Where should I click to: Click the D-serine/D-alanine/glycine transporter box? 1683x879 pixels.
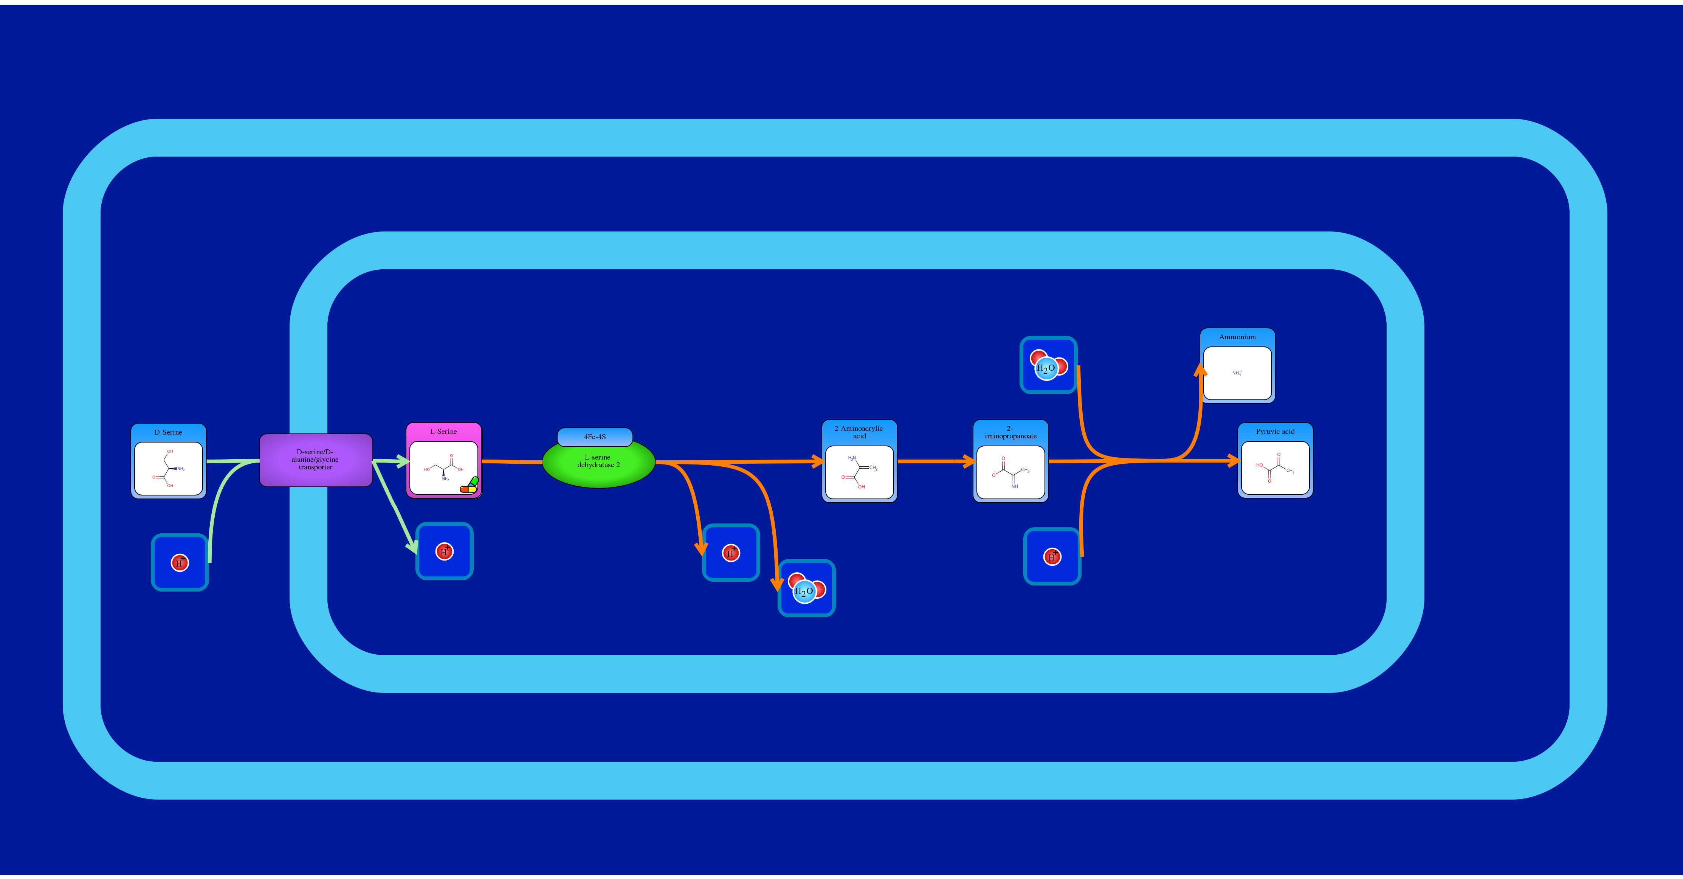click(316, 460)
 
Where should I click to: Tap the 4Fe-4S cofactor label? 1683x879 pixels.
click(595, 436)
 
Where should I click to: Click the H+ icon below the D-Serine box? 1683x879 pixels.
click(180, 563)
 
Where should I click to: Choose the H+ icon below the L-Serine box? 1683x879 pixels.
click(444, 551)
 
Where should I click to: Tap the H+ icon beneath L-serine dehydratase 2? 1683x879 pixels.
click(730, 553)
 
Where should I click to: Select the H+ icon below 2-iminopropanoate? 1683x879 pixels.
click(1052, 557)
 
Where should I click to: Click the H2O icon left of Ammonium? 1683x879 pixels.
click(1048, 365)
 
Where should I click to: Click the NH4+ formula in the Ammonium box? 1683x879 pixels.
click(1237, 373)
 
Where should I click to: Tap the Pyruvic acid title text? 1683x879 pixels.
click(1275, 431)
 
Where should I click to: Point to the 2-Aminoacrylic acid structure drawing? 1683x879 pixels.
click(859, 472)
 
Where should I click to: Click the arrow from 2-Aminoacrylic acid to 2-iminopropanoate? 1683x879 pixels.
click(934, 461)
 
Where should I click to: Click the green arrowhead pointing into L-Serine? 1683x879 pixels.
click(403, 461)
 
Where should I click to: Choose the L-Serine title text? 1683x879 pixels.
click(443, 431)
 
